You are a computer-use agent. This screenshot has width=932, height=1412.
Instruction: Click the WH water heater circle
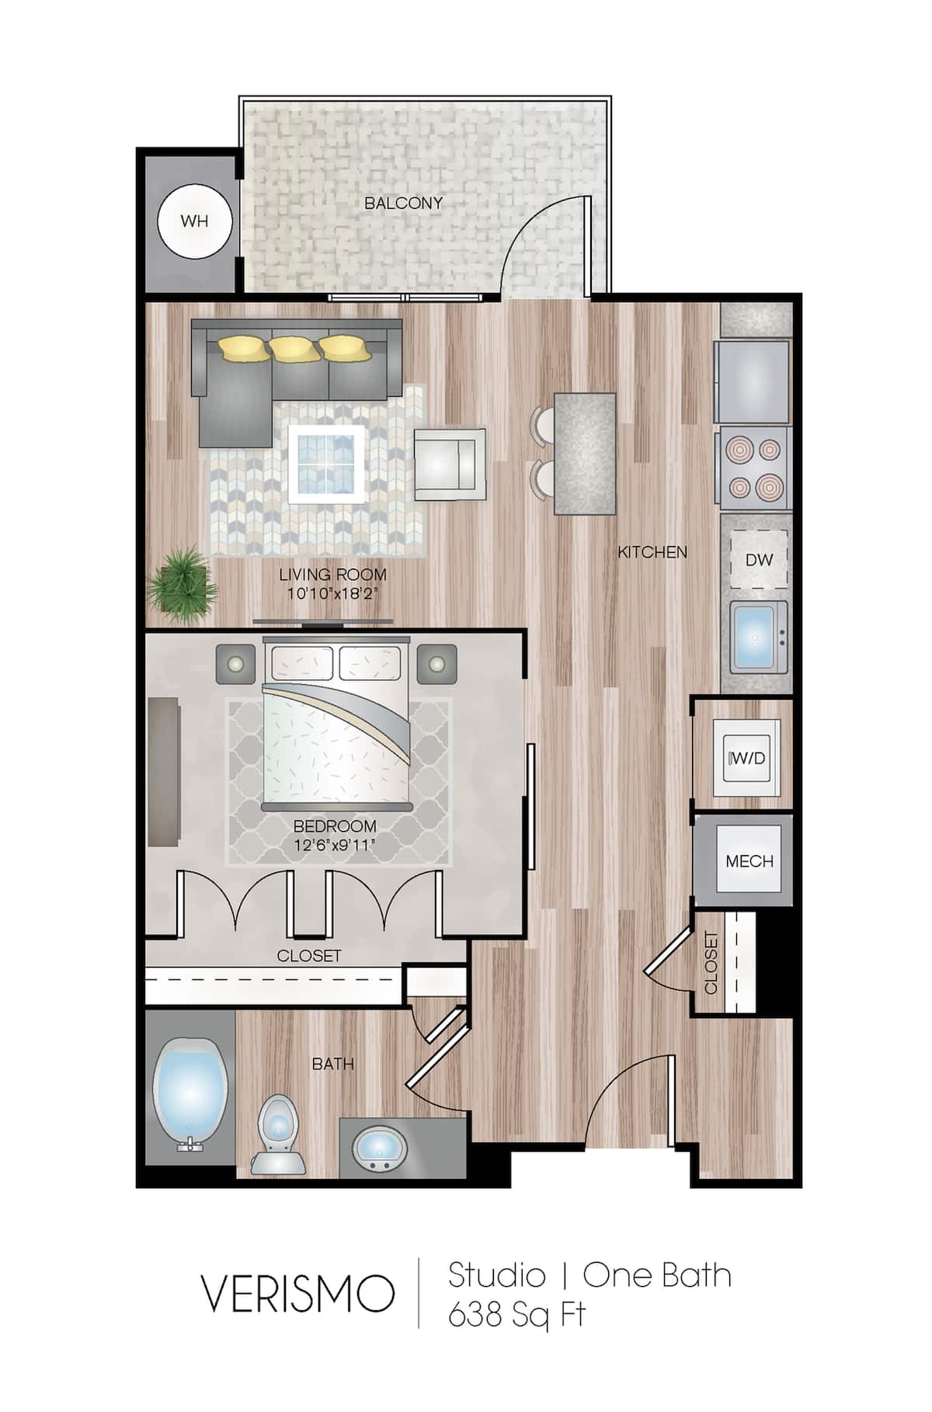pyautogui.click(x=194, y=221)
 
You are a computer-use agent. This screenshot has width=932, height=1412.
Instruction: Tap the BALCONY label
pyautogui.click(x=403, y=203)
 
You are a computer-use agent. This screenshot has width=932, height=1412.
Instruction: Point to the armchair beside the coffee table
pyautogui.click(x=449, y=464)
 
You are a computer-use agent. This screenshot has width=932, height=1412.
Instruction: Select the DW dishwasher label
pyautogui.click(x=759, y=559)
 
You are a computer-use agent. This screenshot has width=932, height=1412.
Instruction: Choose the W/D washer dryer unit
pyautogui.click(x=747, y=758)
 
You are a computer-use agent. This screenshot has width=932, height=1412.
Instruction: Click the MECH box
pyautogui.click(x=749, y=861)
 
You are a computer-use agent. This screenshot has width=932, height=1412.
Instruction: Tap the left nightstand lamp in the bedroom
pyautogui.click(x=235, y=663)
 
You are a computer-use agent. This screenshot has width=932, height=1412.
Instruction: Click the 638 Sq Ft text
pyautogui.click(x=516, y=1314)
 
